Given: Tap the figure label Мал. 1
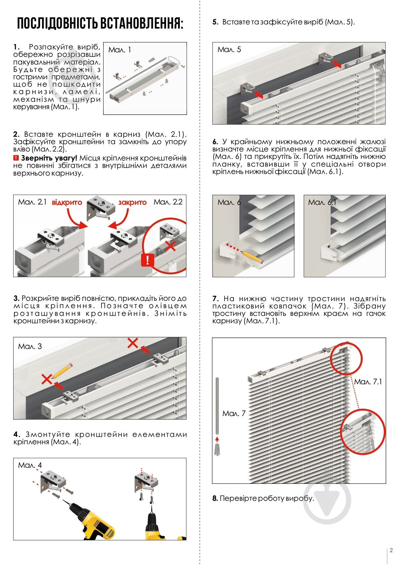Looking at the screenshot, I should coord(120,50).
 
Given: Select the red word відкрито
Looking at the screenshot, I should coord(67,203).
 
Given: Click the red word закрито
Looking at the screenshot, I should coord(132,203).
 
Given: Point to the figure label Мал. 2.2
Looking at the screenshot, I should coord(168,202).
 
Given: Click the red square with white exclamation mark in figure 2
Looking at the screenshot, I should coord(147,259).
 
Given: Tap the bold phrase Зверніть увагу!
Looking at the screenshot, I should coord(49,158).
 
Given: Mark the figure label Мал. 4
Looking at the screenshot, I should coord(30,465).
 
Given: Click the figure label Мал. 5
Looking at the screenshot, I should coord(229,49).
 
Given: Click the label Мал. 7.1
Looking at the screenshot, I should coord(368,382).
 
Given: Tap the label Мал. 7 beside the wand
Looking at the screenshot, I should coord(234,413).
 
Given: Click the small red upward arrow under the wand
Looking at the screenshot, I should coord(217,439).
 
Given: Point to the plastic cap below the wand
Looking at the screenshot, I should coord(217,449).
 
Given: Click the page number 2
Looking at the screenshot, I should coord(391,551).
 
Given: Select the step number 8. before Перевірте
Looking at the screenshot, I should coord(215,499).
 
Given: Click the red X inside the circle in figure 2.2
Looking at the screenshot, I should coord(170,246).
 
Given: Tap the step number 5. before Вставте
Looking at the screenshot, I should coord(215,22).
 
